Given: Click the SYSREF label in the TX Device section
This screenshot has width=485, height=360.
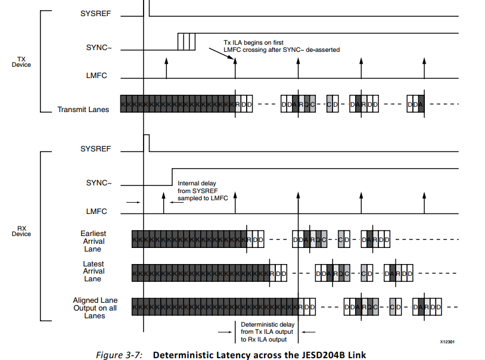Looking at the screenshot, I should coord(95,13).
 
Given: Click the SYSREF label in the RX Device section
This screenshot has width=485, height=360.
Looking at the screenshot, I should coord(95,148).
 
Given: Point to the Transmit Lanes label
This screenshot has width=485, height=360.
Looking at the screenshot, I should coord(83,109).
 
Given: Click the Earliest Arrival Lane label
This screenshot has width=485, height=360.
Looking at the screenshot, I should coord(93,241).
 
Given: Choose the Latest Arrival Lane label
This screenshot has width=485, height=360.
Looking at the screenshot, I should coord(93,271).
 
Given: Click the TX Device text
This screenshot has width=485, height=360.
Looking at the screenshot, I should coord(21,61).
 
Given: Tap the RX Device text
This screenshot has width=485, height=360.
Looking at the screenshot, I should coord(21,231).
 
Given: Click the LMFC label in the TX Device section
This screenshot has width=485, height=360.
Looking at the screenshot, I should coord(97,76).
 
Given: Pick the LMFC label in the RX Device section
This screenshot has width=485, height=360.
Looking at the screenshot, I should coord(97,211).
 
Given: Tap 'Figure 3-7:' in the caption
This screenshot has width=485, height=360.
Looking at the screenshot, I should coord(119,355).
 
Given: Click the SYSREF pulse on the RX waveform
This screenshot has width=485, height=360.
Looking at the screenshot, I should coord(146,143).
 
